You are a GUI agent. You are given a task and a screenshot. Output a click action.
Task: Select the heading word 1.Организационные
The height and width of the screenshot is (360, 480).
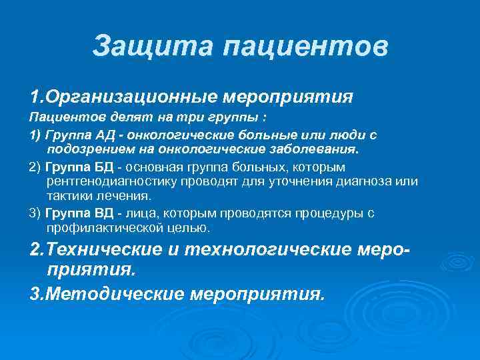[x=123, y=97]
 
